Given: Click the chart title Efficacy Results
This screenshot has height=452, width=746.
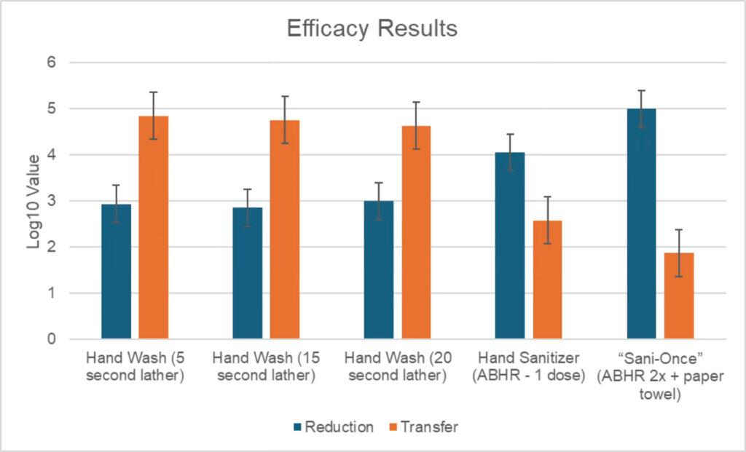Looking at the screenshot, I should (x=372, y=28).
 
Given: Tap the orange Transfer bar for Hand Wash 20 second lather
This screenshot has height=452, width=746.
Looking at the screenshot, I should (x=416, y=233).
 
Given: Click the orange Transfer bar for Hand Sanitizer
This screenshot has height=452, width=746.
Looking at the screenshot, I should (x=547, y=280).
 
